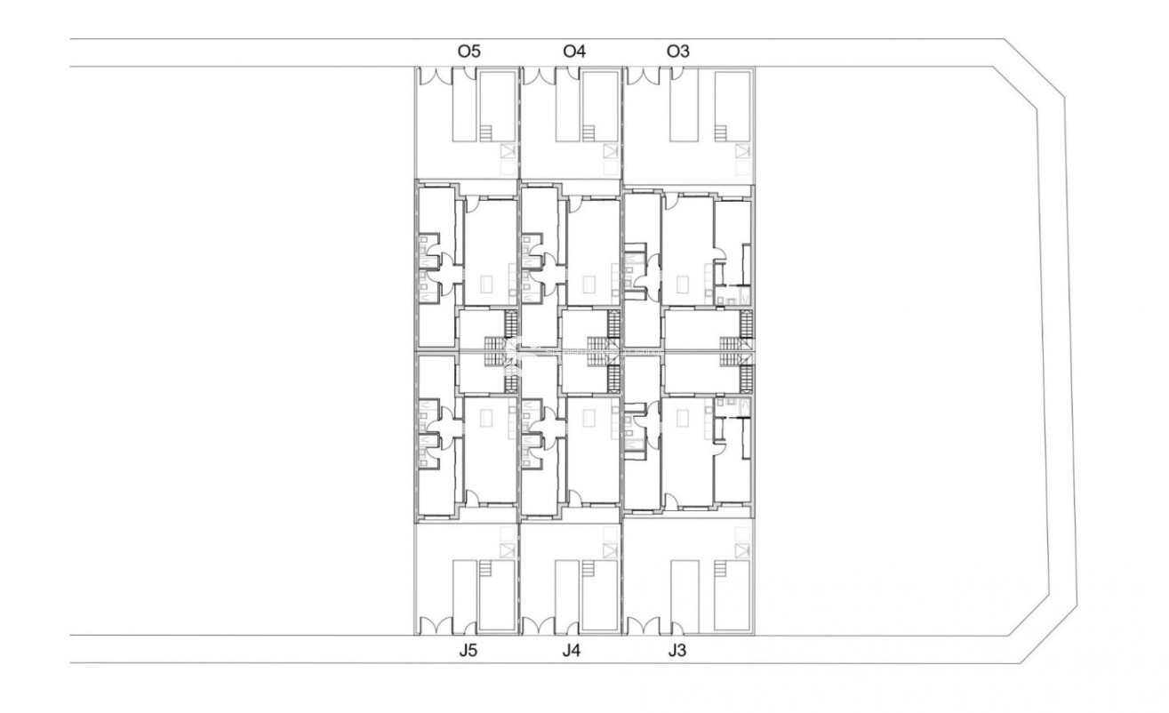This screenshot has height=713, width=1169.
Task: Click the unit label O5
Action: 468,52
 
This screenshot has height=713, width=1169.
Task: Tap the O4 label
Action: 574,52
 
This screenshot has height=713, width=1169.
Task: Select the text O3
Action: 678,52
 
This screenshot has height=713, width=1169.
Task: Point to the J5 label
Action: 468,651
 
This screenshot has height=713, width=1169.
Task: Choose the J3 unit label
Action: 677,651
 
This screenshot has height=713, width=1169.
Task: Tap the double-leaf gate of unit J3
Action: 642,626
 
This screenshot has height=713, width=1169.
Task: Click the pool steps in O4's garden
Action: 588,132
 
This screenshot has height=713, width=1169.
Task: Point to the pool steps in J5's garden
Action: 484,569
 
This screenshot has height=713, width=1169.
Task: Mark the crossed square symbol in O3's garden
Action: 742,151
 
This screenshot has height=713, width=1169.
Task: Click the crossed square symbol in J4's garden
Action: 609,550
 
